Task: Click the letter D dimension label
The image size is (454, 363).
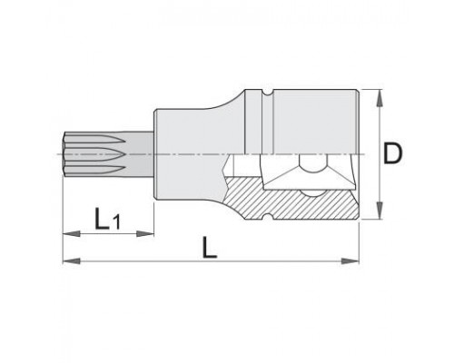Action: coord(392,153)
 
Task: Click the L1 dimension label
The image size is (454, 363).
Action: coord(107,218)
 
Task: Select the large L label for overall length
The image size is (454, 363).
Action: coord(210,247)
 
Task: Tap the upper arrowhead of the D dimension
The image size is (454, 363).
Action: coord(380,98)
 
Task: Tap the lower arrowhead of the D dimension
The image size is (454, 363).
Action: coord(380,211)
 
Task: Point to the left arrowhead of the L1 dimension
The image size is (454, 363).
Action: coord(72,233)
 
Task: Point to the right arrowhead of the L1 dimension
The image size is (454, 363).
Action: coord(145,233)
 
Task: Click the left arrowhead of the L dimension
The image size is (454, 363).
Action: coord(72,260)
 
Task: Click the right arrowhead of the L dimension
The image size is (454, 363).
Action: coord(350,260)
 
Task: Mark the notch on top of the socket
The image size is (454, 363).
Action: coord(267,92)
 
